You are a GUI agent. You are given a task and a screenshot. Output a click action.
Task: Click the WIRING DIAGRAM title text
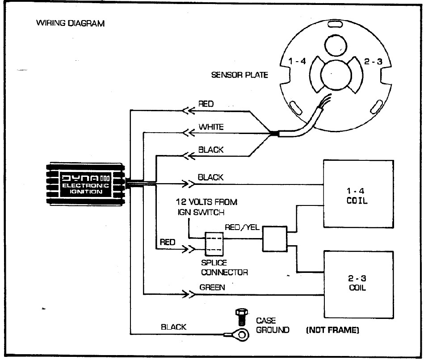(70, 24)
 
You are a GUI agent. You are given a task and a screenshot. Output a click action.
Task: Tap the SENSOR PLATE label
(239, 75)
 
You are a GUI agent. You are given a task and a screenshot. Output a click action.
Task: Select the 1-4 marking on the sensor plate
(297, 62)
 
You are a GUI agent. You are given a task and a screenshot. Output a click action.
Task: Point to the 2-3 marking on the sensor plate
(373, 62)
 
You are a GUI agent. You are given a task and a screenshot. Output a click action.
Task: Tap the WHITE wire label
(211, 127)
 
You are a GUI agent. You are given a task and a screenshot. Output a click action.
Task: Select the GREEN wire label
(212, 287)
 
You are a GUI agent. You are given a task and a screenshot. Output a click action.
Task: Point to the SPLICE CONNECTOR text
(224, 268)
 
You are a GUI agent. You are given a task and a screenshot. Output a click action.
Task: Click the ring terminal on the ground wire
(239, 334)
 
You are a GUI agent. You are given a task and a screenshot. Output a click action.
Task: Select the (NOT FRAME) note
(332, 331)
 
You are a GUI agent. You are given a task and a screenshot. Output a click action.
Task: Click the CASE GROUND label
(272, 326)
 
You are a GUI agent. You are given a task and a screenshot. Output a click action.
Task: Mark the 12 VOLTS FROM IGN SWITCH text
(207, 207)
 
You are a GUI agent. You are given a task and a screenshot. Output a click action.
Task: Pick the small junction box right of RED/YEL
(275, 239)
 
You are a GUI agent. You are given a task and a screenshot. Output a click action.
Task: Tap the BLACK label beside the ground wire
(174, 327)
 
